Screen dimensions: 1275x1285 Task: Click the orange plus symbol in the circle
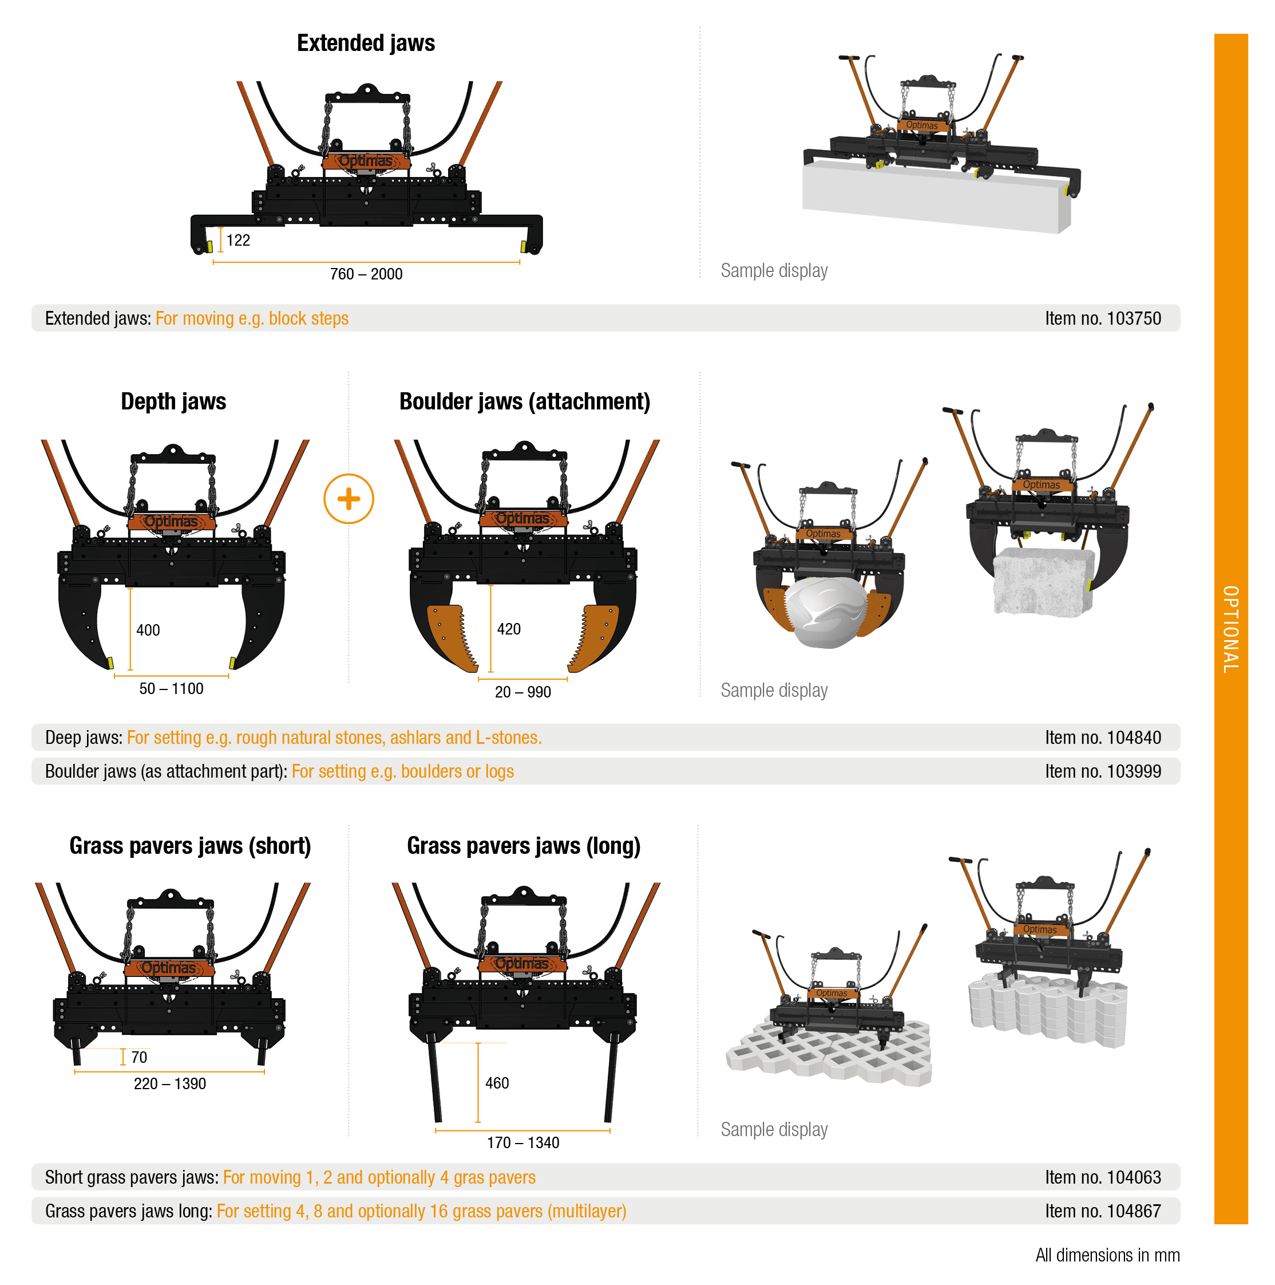pyautogui.click(x=349, y=499)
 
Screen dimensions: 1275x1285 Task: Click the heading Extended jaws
pyautogui.click(x=366, y=43)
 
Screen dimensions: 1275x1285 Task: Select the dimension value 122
pyautogui.click(x=238, y=240)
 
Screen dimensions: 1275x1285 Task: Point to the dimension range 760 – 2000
pyautogui.click(x=366, y=274)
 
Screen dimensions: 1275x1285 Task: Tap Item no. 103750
pyautogui.click(x=1103, y=318)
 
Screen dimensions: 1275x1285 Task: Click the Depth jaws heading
pyautogui.click(x=173, y=402)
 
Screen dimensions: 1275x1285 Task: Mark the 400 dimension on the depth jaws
pyautogui.click(x=148, y=630)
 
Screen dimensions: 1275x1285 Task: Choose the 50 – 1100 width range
pyautogui.click(x=172, y=688)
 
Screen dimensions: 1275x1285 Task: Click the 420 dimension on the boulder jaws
pyautogui.click(x=509, y=629)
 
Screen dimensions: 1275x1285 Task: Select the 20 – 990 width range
pyautogui.click(x=522, y=692)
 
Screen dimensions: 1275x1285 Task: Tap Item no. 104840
pyautogui.click(x=1103, y=738)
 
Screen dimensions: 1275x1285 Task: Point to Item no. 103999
pyautogui.click(x=1103, y=771)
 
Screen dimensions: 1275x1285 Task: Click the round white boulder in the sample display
pyautogui.click(x=826, y=612)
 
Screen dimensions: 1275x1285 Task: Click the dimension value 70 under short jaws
pyautogui.click(x=139, y=1058)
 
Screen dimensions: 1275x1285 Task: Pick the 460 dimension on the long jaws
pyautogui.click(x=497, y=1083)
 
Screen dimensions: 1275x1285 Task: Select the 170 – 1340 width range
pyautogui.click(x=523, y=1142)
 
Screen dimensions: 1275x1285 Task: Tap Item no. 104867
pyautogui.click(x=1103, y=1211)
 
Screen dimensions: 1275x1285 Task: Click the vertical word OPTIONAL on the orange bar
pyautogui.click(x=1230, y=629)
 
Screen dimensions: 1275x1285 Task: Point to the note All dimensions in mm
pyautogui.click(x=1107, y=1255)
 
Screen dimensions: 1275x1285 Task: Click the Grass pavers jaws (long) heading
pyautogui.click(x=524, y=846)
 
